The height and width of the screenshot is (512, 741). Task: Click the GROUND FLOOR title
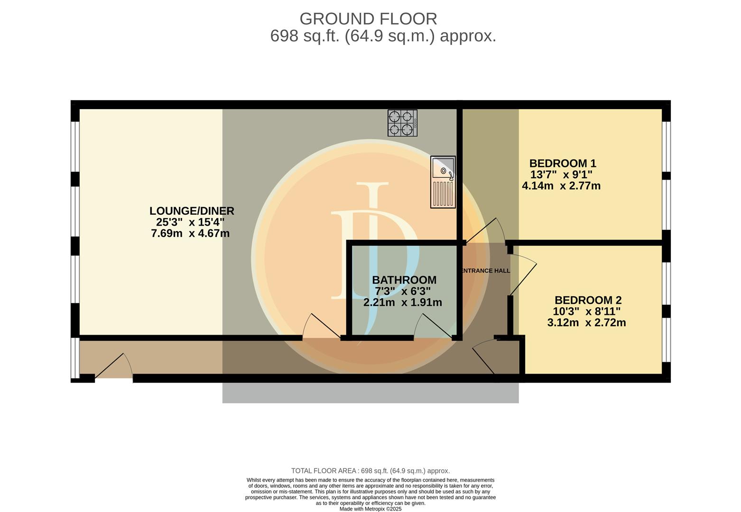tap(368, 19)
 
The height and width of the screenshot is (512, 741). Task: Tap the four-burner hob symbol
tap(402, 123)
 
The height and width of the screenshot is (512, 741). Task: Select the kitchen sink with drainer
tap(443, 182)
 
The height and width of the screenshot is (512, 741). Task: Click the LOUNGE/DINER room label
tap(192, 211)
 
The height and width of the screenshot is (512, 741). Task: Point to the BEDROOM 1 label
tap(563, 163)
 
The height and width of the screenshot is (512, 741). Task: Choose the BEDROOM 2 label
tap(588, 300)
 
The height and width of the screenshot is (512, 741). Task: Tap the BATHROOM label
tap(404, 280)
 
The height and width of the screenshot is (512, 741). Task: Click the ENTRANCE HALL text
tap(485, 271)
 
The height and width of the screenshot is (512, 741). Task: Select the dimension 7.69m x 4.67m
tap(190, 233)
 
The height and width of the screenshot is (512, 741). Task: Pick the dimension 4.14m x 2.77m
tap(561, 186)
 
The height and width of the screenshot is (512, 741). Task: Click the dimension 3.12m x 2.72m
tap(586, 322)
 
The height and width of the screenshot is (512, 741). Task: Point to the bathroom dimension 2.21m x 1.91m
tap(403, 302)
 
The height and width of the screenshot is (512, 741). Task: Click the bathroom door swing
tap(433, 326)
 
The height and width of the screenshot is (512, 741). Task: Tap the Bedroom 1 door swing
tap(485, 231)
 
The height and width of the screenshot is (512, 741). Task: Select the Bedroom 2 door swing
tap(523, 275)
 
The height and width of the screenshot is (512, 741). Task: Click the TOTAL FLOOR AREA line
tap(370, 471)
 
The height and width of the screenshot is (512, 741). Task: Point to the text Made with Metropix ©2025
tap(370, 509)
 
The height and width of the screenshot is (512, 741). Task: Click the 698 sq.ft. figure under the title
tap(305, 36)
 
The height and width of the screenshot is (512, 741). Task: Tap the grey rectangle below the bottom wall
tap(370, 393)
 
